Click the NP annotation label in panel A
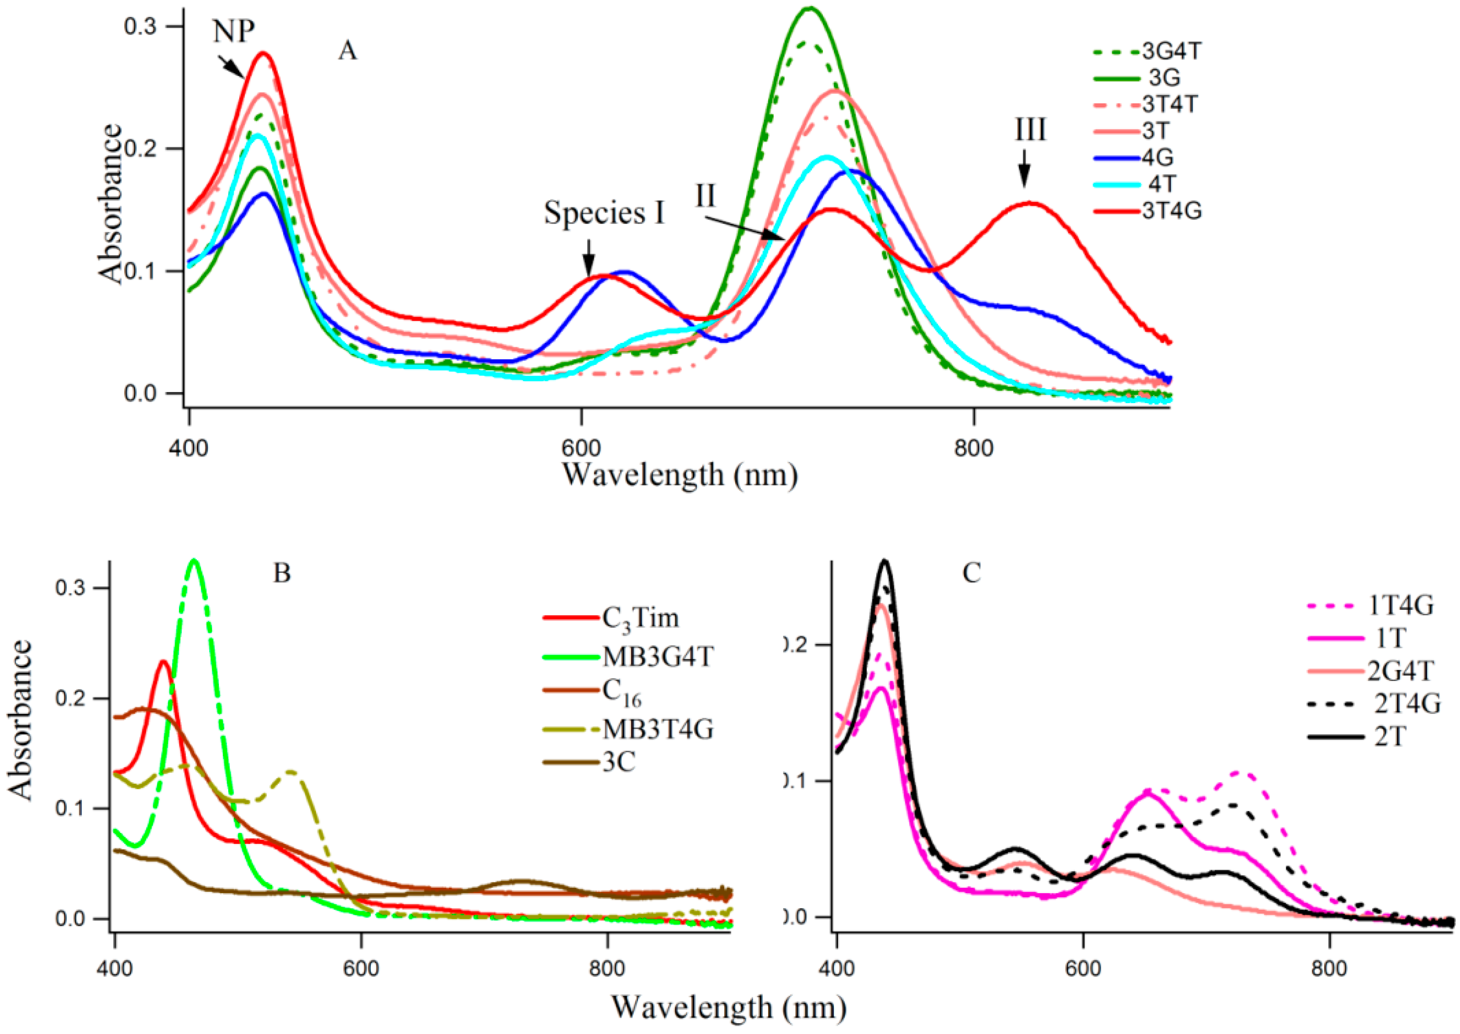point(234,32)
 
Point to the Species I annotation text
point(604,214)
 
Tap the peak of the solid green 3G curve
point(809,8)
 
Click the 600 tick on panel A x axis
point(581,448)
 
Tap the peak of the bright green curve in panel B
point(194,560)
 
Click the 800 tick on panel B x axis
point(607,969)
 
